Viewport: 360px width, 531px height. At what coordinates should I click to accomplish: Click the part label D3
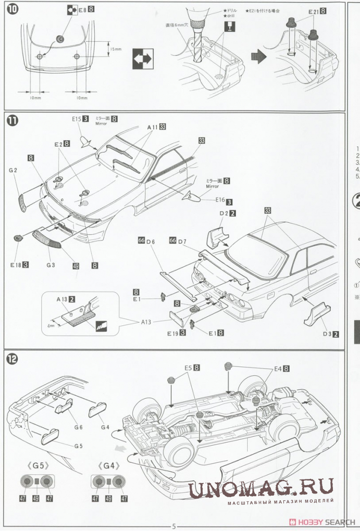coord(327,334)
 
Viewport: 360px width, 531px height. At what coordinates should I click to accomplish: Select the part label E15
coord(77,119)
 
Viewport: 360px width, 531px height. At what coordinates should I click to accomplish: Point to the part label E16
coord(219,199)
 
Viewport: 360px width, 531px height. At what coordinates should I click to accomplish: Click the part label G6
coord(78,427)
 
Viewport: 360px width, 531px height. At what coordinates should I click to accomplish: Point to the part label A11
coord(152,127)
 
